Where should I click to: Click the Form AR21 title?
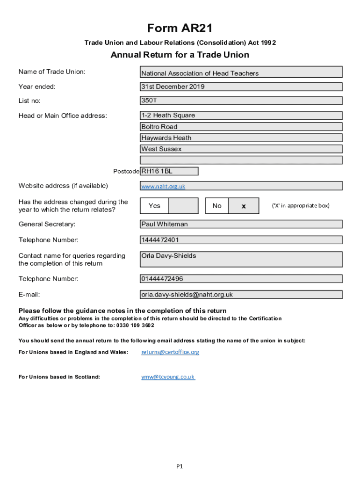coord(180,29)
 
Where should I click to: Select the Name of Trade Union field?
coord(241,72)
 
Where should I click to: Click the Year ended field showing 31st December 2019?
coord(241,87)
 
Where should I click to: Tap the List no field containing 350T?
coord(241,101)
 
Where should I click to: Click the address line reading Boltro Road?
coord(241,127)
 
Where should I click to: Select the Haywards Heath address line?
coord(241,138)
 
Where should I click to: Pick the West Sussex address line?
coord(241,149)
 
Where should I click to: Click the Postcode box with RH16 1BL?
coord(169,171)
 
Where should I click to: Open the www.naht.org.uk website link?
coord(163,186)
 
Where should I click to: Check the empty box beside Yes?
coord(183,206)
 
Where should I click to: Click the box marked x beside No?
coord(244,206)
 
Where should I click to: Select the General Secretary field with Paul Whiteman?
coord(241,224)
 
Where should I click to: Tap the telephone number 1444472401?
coord(241,240)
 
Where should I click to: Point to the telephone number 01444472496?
coord(241,279)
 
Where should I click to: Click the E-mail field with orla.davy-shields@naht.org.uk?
coord(241,295)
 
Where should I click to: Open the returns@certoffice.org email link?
coord(170,352)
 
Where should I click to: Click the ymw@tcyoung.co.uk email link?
coord(168,377)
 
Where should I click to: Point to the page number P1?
coord(180,466)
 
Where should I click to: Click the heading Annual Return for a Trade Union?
coord(180,55)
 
